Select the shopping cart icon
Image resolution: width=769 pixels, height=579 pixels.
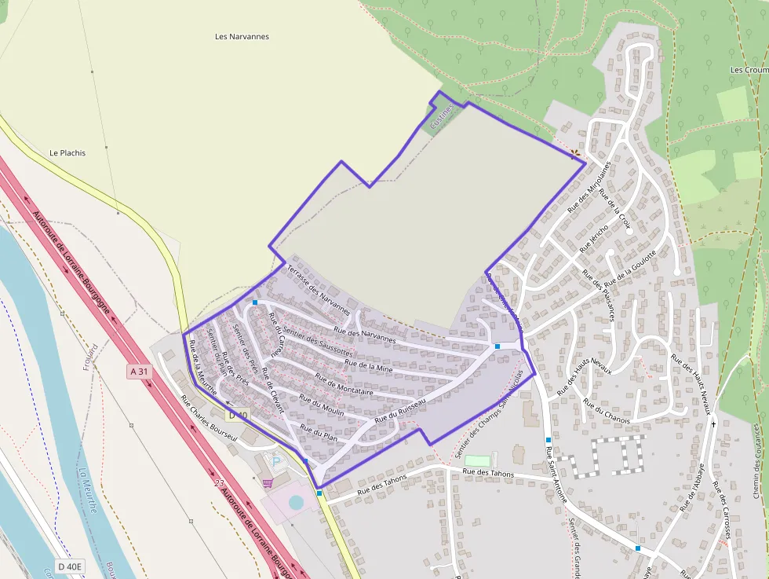point(268,482)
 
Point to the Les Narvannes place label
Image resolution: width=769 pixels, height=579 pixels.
point(242,36)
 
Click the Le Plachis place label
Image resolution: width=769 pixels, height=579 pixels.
point(67,152)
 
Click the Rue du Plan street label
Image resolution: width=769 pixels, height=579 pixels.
point(319,431)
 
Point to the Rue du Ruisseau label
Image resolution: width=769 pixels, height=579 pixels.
point(400,411)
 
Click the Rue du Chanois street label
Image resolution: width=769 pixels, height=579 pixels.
point(607,410)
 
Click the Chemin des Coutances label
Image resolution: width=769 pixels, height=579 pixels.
point(756,461)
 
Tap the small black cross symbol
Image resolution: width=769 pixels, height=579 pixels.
point(714,423)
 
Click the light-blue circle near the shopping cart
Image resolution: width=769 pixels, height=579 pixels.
point(295,501)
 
